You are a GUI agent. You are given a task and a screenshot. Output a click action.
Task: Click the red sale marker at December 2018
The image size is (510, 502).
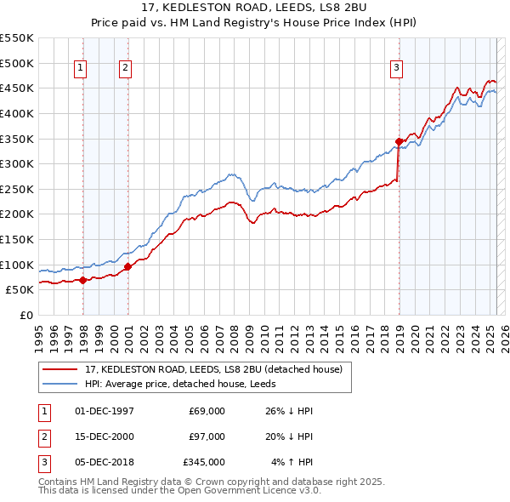(x=399, y=141)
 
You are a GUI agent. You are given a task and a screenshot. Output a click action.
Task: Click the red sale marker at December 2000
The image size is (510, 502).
(x=127, y=266)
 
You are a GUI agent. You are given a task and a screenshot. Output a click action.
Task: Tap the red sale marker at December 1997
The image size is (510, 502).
(x=82, y=280)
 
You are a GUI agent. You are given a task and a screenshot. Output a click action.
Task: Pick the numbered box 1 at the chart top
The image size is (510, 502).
(x=81, y=69)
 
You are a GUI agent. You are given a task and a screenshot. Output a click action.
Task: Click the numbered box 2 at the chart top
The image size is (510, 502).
(x=125, y=69)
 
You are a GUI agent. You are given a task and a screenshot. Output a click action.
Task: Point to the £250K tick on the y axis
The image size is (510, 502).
(x=17, y=189)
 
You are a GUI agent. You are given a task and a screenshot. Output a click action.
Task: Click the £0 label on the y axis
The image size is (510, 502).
(x=26, y=315)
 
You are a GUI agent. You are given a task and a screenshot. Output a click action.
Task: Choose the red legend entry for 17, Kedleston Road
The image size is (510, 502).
(x=212, y=369)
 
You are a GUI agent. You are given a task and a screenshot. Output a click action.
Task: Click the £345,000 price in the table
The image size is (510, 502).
(x=204, y=462)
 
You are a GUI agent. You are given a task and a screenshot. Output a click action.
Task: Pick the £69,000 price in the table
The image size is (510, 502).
(x=207, y=411)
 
